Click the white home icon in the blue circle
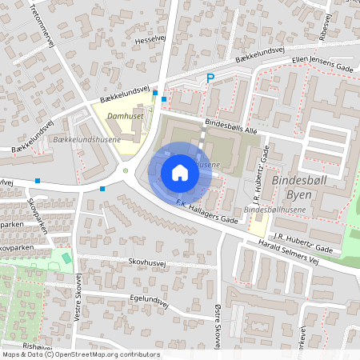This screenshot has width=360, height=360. point(180,172)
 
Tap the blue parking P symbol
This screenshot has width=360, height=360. point(210,78)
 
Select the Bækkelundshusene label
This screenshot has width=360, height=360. point(86,140)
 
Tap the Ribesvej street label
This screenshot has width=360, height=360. point(323,24)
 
